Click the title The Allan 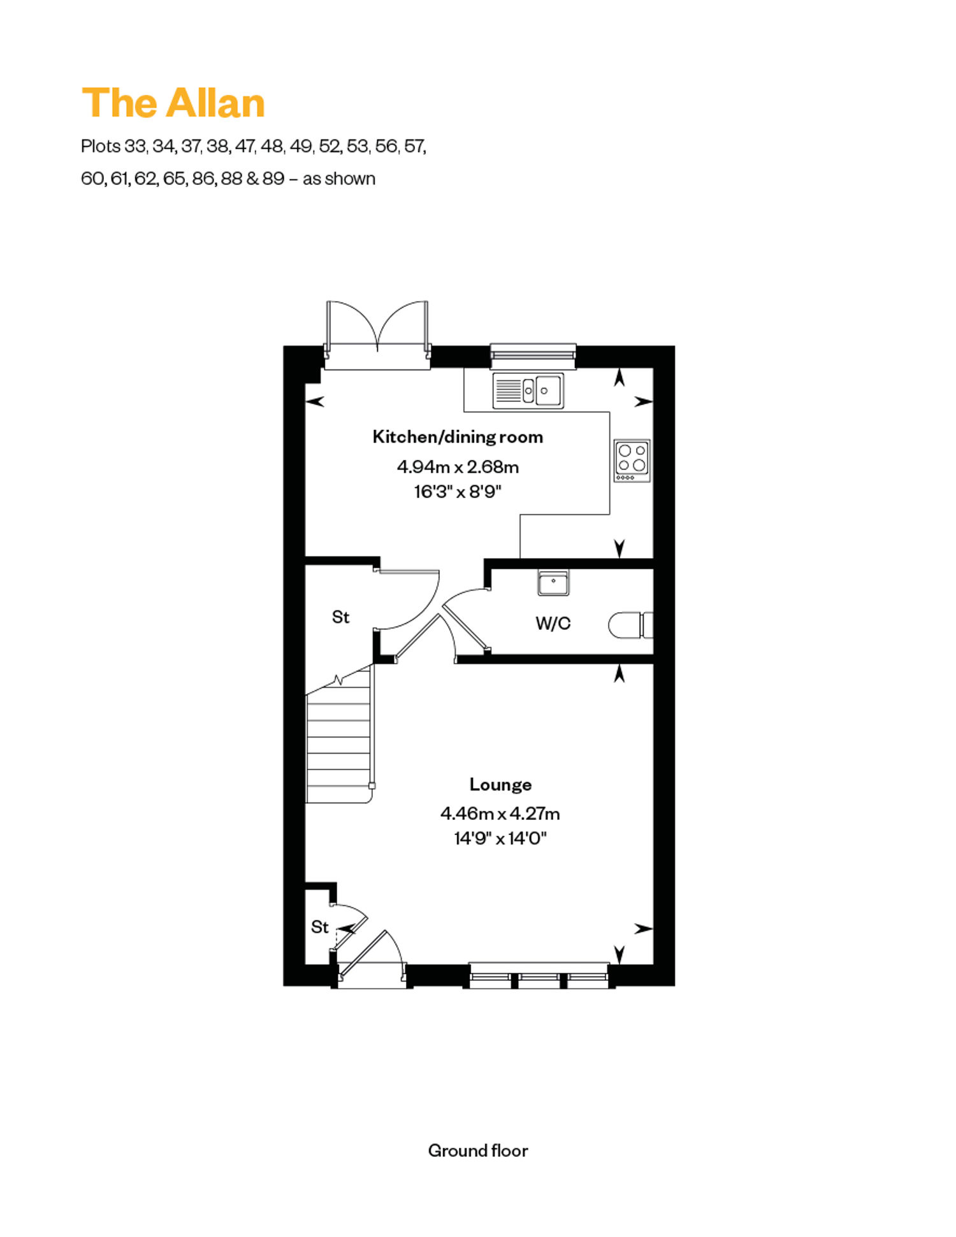[x=173, y=103]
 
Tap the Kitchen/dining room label [x=458, y=437]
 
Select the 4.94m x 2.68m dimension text [x=458, y=467]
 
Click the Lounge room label [x=500, y=784]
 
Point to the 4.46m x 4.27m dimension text [x=500, y=813]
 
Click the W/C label [x=553, y=623]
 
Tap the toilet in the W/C [x=631, y=625]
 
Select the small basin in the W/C [x=553, y=582]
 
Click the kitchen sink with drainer [x=528, y=390]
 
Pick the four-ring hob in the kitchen [x=632, y=460]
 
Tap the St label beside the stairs [x=340, y=617]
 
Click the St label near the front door [x=319, y=927]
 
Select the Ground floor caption [x=478, y=1150]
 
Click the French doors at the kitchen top [x=377, y=335]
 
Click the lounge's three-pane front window [x=539, y=976]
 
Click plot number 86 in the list [x=203, y=178]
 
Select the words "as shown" [x=339, y=178]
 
